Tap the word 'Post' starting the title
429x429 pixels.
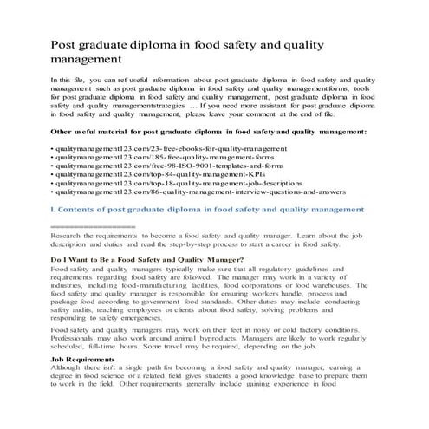(x=68, y=44)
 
